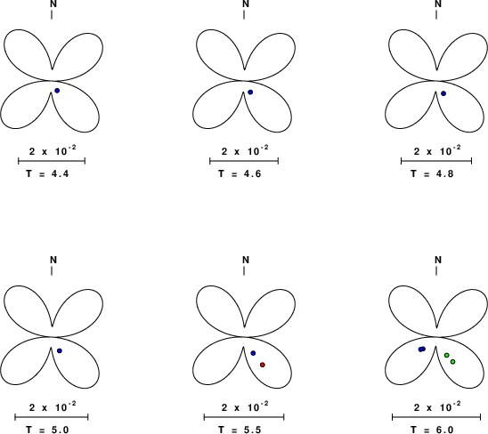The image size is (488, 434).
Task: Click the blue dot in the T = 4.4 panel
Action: [x=57, y=91]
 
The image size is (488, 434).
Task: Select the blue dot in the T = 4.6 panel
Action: [x=250, y=92]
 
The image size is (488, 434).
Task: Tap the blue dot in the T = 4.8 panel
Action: [x=443, y=93]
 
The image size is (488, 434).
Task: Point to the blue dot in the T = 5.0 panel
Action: [x=60, y=350]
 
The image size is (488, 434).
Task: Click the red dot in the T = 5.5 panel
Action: [x=263, y=365]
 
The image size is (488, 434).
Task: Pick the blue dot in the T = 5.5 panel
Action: [x=253, y=353]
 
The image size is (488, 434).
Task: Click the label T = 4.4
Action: [x=47, y=173]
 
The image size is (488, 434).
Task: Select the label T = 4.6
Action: [x=240, y=173]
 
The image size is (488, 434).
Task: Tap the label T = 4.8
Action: [x=432, y=173]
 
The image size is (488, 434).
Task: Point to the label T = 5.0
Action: [x=47, y=430]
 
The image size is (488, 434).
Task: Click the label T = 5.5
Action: [x=240, y=430]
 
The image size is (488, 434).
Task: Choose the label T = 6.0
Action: [x=432, y=430]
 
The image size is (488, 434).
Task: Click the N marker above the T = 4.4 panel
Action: [x=53, y=4]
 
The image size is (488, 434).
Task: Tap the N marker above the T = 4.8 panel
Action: [x=438, y=4]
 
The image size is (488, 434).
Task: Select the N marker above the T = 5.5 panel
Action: [x=246, y=260]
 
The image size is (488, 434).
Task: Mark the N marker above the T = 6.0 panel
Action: [x=438, y=260]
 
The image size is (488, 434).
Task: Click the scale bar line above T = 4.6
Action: [x=244, y=161]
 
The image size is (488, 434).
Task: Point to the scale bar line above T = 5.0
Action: [x=52, y=417]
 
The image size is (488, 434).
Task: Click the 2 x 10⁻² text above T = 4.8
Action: [x=437, y=151]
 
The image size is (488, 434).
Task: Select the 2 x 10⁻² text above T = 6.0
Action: [x=437, y=407]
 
